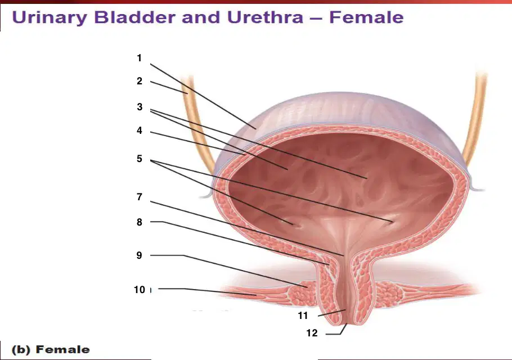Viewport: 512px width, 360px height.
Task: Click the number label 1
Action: tap(140, 58)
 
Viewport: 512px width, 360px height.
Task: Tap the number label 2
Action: tap(140, 81)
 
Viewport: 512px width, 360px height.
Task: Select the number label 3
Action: tap(140, 107)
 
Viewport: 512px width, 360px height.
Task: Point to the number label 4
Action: tap(140, 130)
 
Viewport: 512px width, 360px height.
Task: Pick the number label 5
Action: tap(140, 159)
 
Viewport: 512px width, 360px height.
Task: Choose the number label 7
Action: tap(140, 197)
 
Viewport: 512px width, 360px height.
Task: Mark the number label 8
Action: tap(140, 222)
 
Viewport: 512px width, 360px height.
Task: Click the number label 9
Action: tap(140, 255)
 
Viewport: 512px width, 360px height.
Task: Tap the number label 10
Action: tap(140, 290)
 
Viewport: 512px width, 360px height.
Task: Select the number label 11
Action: tap(303, 316)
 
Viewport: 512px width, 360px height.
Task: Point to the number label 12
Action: tap(312, 333)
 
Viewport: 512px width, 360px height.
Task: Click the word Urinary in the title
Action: tap(50, 17)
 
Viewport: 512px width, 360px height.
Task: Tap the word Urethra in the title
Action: tap(265, 17)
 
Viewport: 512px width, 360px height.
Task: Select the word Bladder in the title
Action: tap(134, 17)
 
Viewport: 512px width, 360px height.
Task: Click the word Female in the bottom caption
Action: tap(62, 349)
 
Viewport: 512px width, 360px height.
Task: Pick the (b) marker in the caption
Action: tap(21, 350)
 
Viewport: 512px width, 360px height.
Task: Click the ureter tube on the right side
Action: tap(475, 118)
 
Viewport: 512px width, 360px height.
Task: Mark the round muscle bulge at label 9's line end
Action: tap(302, 292)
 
